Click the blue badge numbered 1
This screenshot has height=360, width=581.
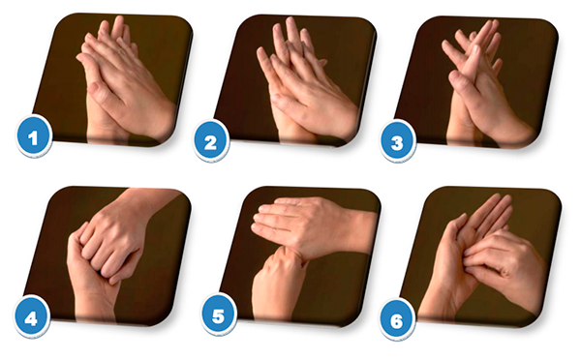pyautogui.click(x=33, y=136)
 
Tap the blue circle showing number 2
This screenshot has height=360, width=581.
pyautogui.click(x=210, y=141)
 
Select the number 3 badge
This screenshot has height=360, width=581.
pyautogui.click(x=397, y=142)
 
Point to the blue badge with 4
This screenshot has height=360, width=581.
pyautogui.click(x=31, y=316)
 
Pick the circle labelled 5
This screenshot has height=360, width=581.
pyautogui.click(x=219, y=315)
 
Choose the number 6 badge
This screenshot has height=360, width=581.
pyautogui.click(x=397, y=319)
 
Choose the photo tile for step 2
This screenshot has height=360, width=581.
pyautogui.click(x=295, y=80)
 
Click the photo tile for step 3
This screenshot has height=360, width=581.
pyautogui.click(x=476, y=82)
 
